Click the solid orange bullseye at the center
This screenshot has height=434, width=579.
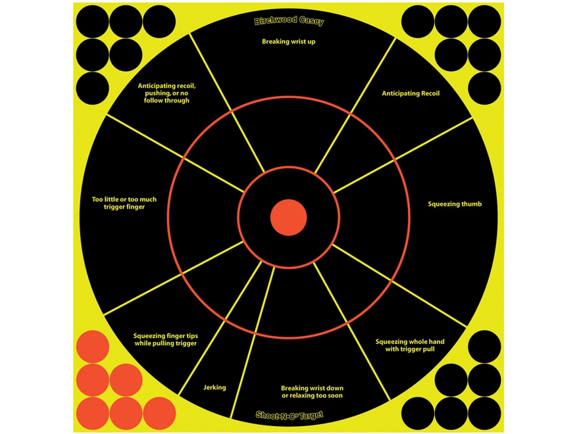[x=288, y=218]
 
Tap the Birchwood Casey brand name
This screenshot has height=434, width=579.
[x=289, y=22]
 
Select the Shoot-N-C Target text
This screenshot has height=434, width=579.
[x=289, y=415]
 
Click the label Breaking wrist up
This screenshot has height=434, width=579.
[x=288, y=41]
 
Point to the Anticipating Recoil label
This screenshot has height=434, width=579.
[x=411, y=93]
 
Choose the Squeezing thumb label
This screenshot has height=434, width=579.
[x=455, y=204]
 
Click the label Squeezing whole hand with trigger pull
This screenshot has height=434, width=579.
[x=410, y=345]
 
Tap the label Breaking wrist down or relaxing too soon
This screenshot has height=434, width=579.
[x=312, y=392]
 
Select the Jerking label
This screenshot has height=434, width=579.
[x=214, y=387]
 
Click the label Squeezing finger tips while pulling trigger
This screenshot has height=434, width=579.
[x=165, y=339]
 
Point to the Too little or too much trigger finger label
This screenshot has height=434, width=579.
[x=124, y=203]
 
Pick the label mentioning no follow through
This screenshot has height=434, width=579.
[x=166, y=93]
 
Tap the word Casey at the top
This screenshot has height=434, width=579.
[x=312, y=22]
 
